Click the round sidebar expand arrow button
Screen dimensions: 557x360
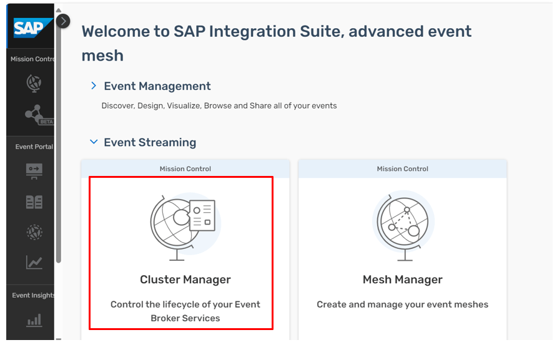point(63,21)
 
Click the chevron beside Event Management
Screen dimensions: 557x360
point(94,85)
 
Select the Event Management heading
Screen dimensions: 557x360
point(157,86)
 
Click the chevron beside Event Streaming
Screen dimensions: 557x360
point(94,142)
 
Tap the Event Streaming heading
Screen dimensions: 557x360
point(150,142)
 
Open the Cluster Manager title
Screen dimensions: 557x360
point(185,280)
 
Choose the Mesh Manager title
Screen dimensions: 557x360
point(403,280)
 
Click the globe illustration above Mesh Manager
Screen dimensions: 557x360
point(403,226)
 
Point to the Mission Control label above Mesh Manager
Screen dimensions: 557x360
point(403,169)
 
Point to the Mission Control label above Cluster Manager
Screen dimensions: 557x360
point(185,169)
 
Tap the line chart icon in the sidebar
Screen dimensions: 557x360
point(34,262)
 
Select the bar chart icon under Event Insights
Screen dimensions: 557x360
point(34,320)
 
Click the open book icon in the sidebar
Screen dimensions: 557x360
point(34,202)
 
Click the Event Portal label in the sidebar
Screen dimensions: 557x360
point(34,147)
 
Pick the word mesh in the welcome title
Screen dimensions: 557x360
point(102,56)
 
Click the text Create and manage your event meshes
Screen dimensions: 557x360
point(403,304)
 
